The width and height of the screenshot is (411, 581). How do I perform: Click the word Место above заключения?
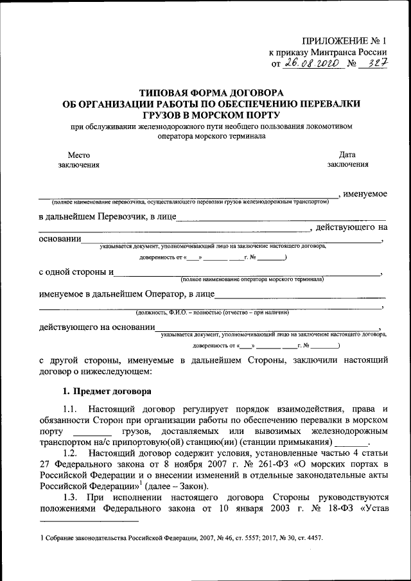(78, 155)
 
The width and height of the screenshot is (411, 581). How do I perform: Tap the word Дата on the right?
(347, 155)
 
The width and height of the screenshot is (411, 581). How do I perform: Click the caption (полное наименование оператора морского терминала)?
(252, 280)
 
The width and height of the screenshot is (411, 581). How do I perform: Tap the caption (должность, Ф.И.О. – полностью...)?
(212, 313)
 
